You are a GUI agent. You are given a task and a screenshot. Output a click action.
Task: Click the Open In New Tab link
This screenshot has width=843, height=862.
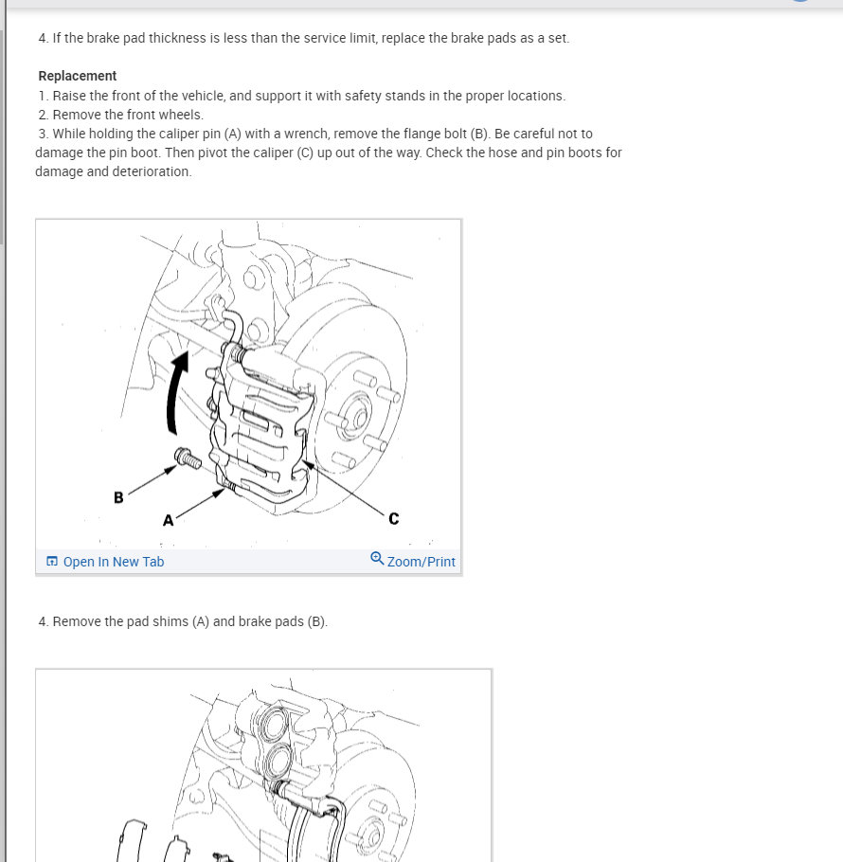pyautogui.click(x=114, y=562)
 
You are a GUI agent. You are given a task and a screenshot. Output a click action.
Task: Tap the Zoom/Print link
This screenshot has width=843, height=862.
pyautogui.click(x=421, y=562)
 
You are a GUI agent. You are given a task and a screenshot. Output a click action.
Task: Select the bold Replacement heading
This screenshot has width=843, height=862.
pyautogui.click(x=78, y=76)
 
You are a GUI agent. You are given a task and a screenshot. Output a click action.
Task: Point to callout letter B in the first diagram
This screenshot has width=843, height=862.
pyautogui.click(x=118, y=497)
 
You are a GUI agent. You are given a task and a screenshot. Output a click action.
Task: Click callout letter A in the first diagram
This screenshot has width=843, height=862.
pyautogui.click(x=169, y=520)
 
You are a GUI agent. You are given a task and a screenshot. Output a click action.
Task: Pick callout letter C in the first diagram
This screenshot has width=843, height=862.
pyautogui.click(x=393, y=518)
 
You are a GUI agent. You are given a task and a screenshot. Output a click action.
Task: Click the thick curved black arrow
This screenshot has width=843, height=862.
pyautogui.click(x=176, y=393)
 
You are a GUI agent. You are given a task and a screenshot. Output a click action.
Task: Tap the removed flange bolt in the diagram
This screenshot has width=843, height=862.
pyautogui.click(x=188, y=458)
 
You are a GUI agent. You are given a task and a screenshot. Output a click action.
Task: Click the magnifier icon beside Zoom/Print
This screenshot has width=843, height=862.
pyautogui.click(x=377, y=559)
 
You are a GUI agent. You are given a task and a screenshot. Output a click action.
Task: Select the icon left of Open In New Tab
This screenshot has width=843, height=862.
pyautogui.click(x=52, y=562)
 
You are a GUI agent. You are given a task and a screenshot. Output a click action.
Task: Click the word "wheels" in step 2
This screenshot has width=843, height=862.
pyautogui.click(x=180, y=115)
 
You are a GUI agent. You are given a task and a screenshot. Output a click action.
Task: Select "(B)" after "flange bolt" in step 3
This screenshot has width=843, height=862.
pyautogui.click(x=479, y=135)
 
